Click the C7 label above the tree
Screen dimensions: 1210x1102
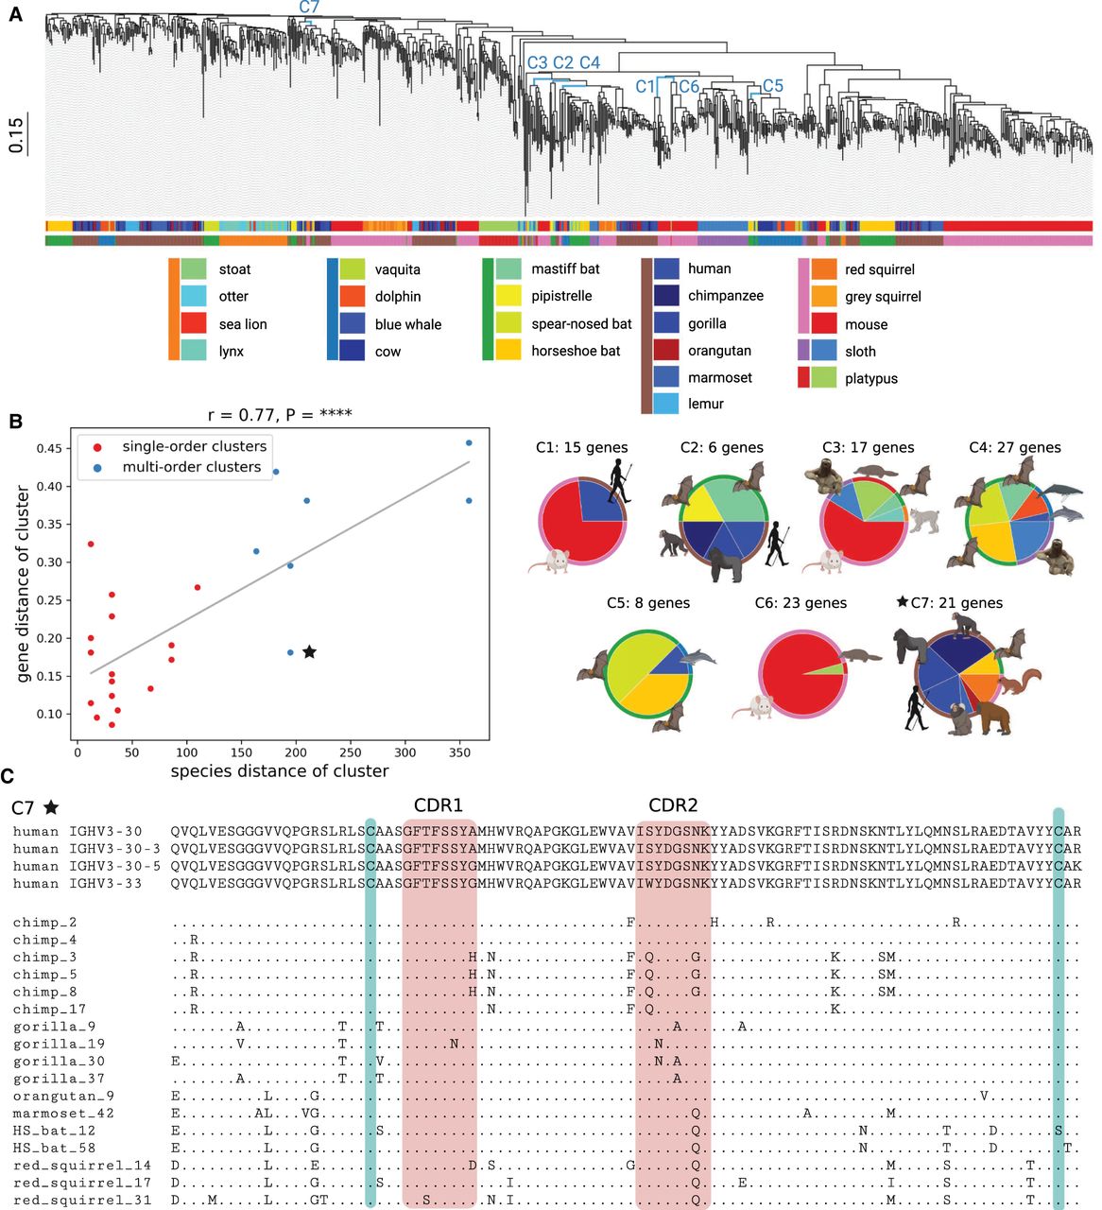coord(309,8)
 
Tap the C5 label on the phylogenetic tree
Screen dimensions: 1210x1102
coord(773,86)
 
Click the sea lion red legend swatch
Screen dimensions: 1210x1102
coord(194,324)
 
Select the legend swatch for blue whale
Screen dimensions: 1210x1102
coord(352,324)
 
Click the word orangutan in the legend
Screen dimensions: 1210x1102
coord(719,351)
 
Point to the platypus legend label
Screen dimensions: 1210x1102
coord(870,378)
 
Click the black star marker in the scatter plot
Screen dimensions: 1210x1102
coord(309,652)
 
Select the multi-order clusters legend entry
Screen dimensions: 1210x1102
coord(191,467)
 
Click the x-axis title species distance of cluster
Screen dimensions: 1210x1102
coord(280,771)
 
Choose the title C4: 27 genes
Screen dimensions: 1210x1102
coord(1014,448)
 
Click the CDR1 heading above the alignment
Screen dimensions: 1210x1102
coord(439,805)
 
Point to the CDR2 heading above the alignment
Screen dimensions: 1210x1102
coord(673,805)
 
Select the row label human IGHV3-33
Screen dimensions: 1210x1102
coord(77,884)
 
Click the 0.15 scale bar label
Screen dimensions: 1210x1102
coord(16,135)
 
